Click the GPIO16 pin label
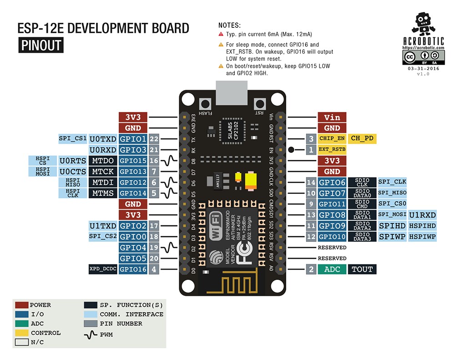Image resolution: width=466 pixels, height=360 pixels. (132, 269)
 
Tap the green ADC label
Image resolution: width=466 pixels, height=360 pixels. (332, 269)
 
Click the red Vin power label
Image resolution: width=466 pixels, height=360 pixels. (332, 117)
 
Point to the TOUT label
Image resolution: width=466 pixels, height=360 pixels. (363, 269)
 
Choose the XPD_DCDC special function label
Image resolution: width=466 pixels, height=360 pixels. (103, 269)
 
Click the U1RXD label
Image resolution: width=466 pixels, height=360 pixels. (422, 215)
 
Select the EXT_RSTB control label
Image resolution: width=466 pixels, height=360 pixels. (332, 149)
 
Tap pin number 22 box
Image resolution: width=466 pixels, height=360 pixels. (154, 139)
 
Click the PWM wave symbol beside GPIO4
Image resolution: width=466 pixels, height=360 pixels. (172, 248)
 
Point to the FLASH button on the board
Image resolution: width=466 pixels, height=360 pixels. (206, 103)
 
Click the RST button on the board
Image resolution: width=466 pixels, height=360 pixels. (260, 103)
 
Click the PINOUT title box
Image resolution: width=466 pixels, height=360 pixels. (41, 46)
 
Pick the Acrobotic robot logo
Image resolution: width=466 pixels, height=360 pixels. (423, 25)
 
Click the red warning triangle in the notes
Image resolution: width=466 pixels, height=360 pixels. (221, 34)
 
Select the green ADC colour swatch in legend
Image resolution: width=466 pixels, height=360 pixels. (21, 324)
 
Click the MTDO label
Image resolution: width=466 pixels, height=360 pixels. (103, 161)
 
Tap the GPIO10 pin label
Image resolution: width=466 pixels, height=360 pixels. (332, 237)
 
